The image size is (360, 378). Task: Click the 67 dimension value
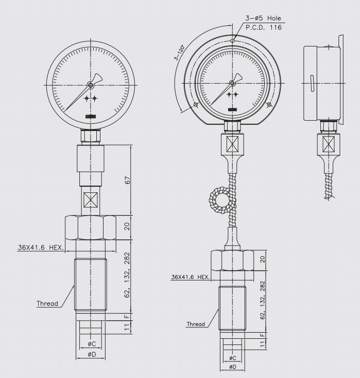pyautogui.click(x=128, y=180)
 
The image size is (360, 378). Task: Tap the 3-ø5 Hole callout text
pyautogui.click(x=263, y=18)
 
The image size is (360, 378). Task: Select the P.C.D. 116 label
pyautogui.click(x=264, y=27)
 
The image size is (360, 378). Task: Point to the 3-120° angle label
pyautogui.click(x=180, y=52)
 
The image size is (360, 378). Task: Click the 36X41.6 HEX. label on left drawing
pyautogui.click(x=41, y=248)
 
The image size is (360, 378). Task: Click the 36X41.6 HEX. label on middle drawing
pyautogui.click(x=191, y=277)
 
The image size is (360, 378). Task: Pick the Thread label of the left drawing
pyautogui.click(x=47, y=303)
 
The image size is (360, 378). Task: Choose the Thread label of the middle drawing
pyautogui.click(x=196, y=324)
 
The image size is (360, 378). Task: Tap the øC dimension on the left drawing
pyautogui.click(x=92, y=344)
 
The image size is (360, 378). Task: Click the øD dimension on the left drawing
pyautogui.click(x=92, y=354)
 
